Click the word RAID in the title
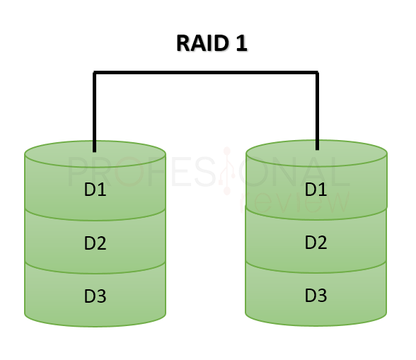(x=202, y=43)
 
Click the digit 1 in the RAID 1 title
(x=241, y=43)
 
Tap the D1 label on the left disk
(x=96, y=190)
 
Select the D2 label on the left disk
(x=96, y=243)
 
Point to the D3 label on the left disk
(x=96, y=296)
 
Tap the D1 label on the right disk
(x=316, y=189)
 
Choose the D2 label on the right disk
(x=316, y=242)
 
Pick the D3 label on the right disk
(x=316, y=295)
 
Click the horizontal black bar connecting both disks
(x=206, y=72)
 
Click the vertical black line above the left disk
(x=95, y=112)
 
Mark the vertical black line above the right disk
(x=317, y=110)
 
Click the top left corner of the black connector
(x=93, y=71)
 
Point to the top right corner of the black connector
(x=318, y=71)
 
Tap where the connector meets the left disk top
(x=95, y=152)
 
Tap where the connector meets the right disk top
(x=317, y=150)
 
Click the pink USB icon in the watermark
(x=227, y=171)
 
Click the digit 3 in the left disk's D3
(x=101, y=296)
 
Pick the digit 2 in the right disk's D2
(x=322, y=242)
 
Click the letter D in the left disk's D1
(x=90, y=190)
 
